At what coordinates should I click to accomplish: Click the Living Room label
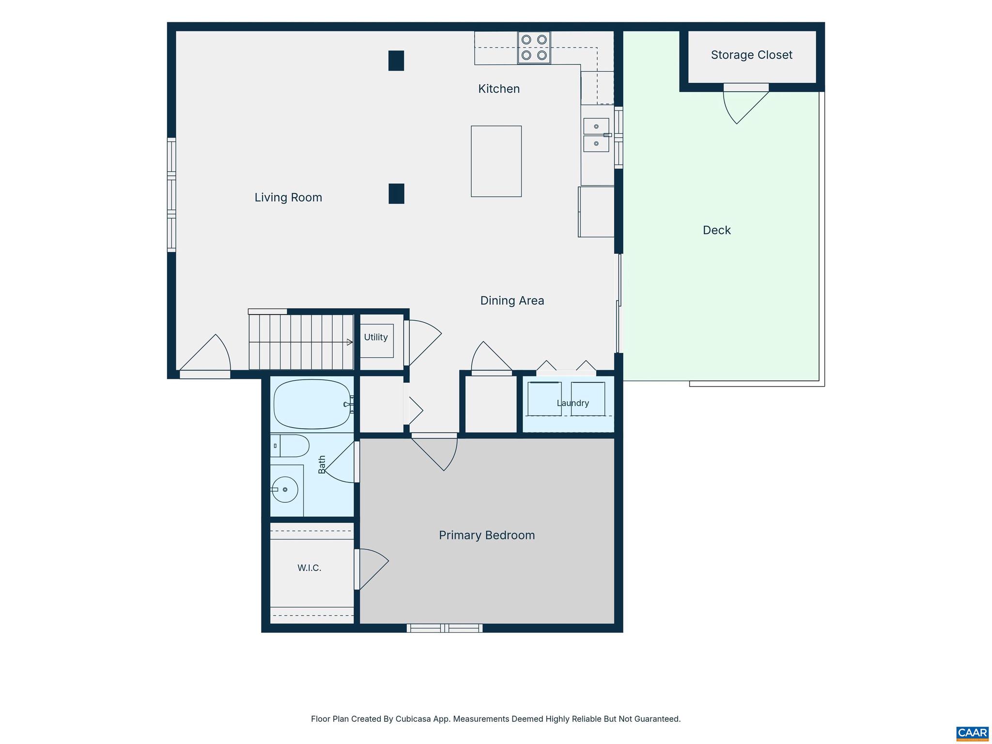tap(288, 198)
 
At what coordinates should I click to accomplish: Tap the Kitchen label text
tap(499, 89)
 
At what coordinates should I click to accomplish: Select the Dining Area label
tap(512, 301)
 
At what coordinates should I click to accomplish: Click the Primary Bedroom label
tap(487, 535)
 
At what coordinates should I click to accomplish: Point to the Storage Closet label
tap(752, 55)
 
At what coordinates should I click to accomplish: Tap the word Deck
tap(717, 230)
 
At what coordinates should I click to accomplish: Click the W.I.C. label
tap(310, 568)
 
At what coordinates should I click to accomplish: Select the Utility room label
tap(376, 337)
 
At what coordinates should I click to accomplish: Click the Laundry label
tap(573, 403)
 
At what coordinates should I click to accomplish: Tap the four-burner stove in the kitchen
tap(534, 47)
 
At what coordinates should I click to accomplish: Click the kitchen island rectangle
tap(496, 161)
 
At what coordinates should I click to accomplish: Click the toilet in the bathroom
tap(290, 446)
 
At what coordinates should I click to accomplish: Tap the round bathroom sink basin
tap(285, 489)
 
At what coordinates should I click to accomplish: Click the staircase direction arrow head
tap(350, 342)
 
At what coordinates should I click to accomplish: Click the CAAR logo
tap(972, 732)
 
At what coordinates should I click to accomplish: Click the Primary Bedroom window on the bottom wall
tap(445, 628)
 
